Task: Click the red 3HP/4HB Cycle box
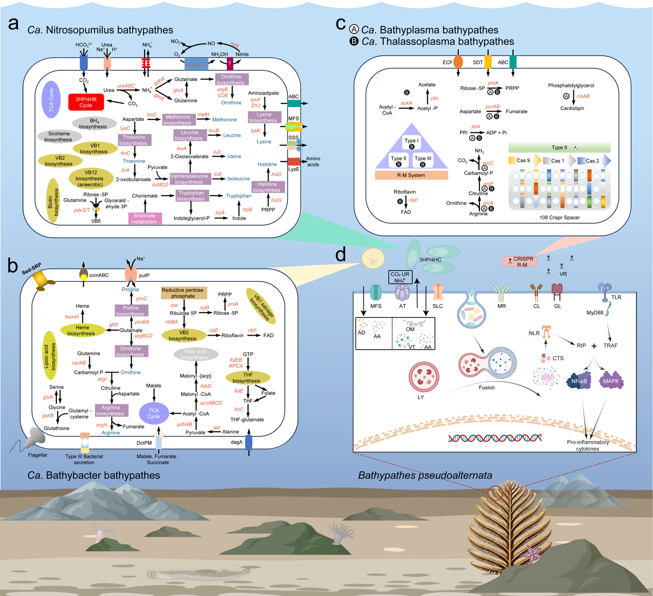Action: click(x=86, y=102)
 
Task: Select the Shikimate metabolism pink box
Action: click(x=145, y=218)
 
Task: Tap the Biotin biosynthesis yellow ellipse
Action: click(x=53, y=200)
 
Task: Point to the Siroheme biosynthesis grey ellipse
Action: click(x=58, y=136)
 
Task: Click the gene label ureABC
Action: click(x=126, y=86)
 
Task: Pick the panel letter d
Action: click(x=340, y=254)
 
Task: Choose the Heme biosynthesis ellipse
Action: click(x=82, y=330)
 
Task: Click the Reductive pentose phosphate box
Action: click(x=183, y=293)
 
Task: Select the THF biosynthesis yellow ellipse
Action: click(x=247, y=378)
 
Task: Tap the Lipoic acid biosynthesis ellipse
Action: click(x=50, y=355)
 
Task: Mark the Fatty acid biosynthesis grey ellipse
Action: click(x=195, y=354)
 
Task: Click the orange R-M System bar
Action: click(x=411, y=175)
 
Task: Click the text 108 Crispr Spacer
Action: click(x=559, y=217)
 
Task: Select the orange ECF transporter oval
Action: click(x=458, y=62)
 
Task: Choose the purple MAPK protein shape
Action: click(x=611, y=381)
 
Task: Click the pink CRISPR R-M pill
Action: click(x=523, y=262)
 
